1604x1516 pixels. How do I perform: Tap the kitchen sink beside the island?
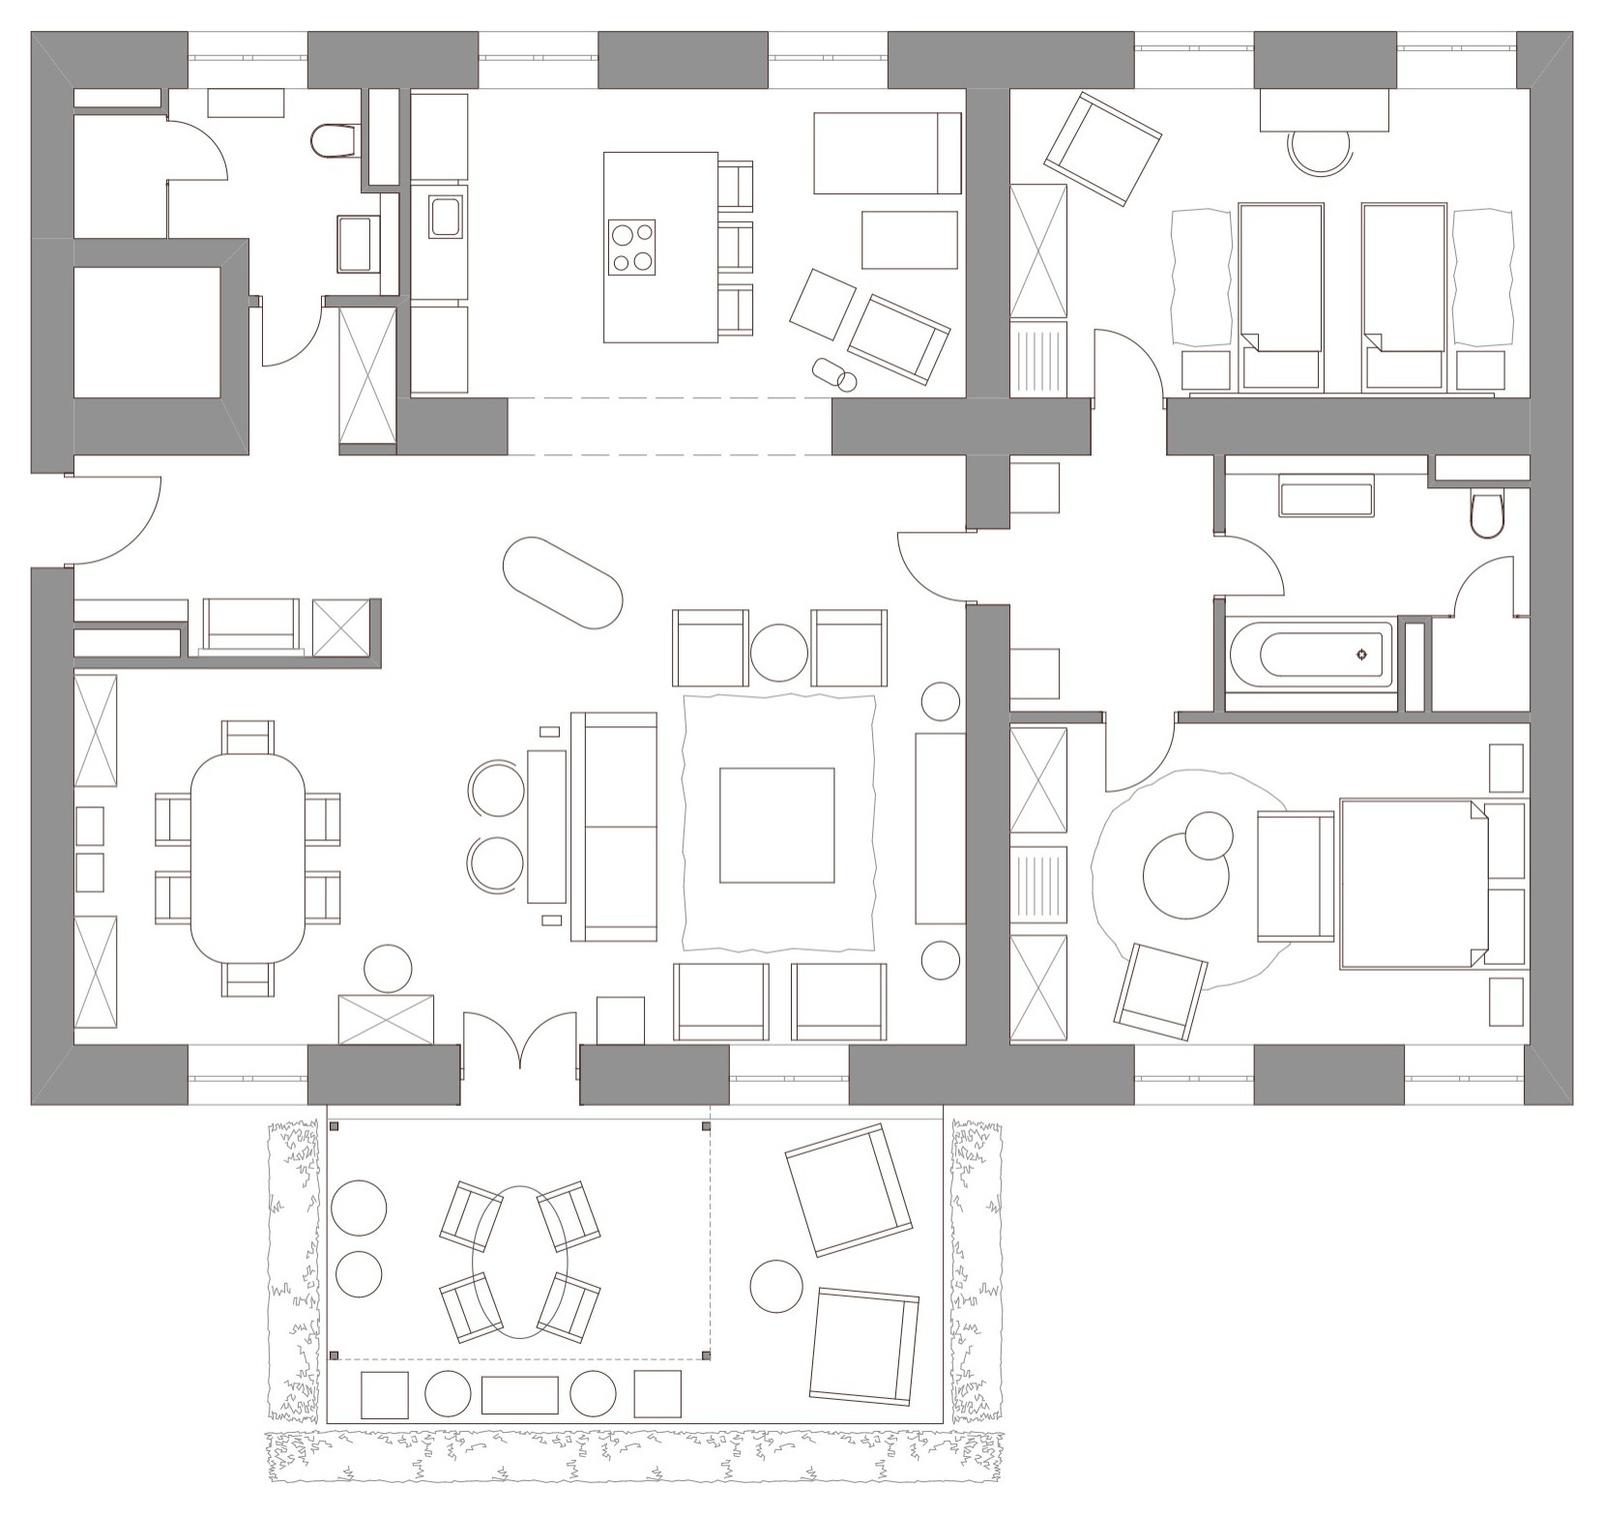(446, 217)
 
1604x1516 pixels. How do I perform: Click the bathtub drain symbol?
(1362, 655)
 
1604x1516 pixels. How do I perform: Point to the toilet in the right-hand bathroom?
(1484, 515)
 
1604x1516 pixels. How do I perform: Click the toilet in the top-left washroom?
(334, 141)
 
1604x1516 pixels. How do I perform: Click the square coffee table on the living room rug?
(776, 825)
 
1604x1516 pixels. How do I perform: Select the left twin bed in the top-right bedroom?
(1280, 295)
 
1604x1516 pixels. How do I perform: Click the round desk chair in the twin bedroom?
(1320, 150)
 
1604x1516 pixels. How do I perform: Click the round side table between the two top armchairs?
(778, 653)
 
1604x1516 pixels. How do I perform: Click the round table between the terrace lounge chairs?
(776, 1286)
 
